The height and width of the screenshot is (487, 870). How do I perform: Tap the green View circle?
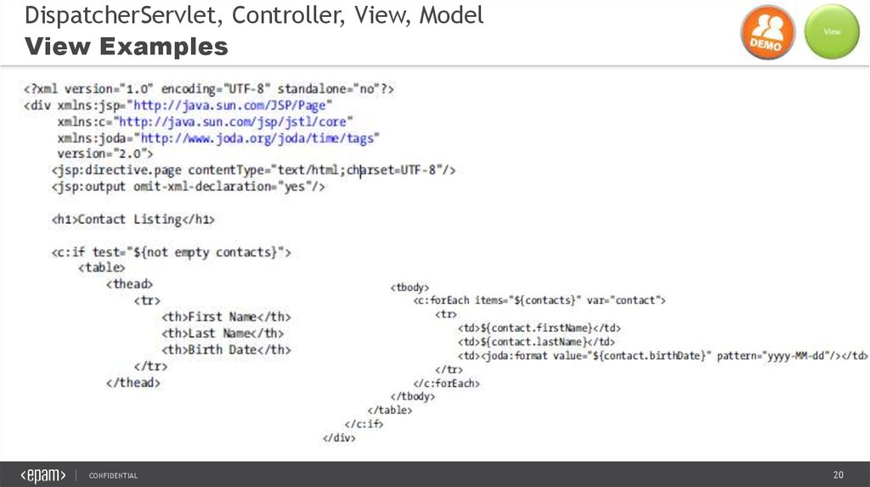coord(832,32)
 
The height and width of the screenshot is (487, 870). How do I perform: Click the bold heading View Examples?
coord(127,47)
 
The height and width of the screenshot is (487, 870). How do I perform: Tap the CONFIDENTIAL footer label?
coord(113,475)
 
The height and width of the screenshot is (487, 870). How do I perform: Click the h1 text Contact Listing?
coord(133,220)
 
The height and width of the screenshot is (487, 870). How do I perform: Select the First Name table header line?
coord(226,317)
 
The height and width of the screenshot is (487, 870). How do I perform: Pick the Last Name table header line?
coord(223,333)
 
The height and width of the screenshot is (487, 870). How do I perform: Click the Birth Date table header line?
coord(226,350)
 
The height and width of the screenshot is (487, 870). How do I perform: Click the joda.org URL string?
coord(258,137)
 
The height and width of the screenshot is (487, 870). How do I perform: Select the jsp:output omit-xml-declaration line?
coord(188,187)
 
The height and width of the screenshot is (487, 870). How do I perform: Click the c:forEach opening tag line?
coord(540,300)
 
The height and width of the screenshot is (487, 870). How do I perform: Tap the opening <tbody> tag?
coord(410,287)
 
